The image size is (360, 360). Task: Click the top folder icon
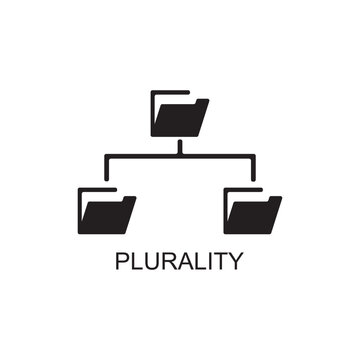tap(179, 116)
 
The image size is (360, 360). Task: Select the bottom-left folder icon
tap(106, 210)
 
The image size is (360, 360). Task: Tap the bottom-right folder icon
tap(252, 210)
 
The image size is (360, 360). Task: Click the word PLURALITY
tap(180, 262)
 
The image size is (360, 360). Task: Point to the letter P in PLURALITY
tap(124, 262)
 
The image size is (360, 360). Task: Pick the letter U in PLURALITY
tap(152, 262)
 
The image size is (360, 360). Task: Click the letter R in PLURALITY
tap(168, 262)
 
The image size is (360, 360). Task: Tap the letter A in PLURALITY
tap(184, 262)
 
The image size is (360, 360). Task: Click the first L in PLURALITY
tap(138, 262)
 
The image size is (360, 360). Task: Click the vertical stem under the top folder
tap(180, 146)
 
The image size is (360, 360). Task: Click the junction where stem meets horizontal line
tap(180, 155)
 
